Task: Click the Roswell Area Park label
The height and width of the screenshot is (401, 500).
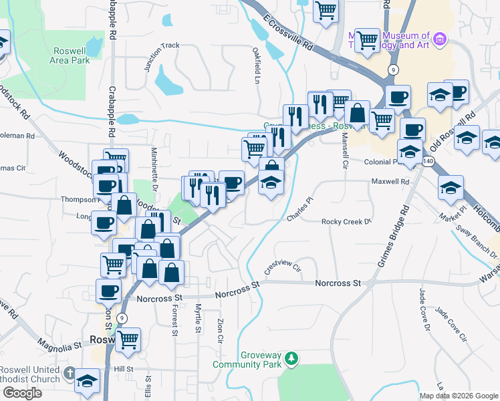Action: (70, 55)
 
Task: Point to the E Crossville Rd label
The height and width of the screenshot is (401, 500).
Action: (289, 34)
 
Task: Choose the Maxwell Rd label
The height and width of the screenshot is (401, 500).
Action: (390, 181)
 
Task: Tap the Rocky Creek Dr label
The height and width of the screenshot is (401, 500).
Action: (346, 221)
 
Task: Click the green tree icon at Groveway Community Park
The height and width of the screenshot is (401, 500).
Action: (291, 360)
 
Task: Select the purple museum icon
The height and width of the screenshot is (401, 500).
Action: (439, 39)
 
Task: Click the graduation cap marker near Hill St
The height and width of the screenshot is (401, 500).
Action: (87, 381)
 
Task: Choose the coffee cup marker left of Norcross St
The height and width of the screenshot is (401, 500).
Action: (108, 291)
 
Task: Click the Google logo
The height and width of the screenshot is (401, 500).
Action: (22, 393)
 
